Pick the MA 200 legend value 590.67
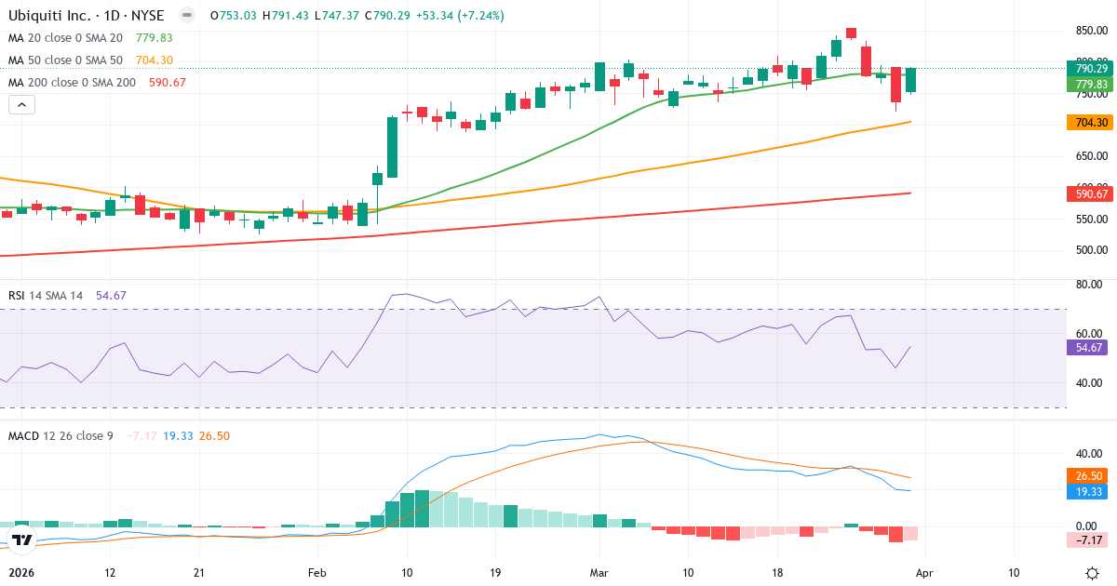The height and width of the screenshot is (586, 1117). click(168, 82)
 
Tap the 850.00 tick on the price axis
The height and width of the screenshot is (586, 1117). click(1091, 31)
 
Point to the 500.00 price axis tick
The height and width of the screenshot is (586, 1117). click(1091, 250)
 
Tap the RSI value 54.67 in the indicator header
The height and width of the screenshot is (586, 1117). click(111, 295)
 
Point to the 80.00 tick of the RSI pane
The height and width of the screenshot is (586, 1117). click(1089, 285)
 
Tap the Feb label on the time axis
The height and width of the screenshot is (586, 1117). click(317, 573)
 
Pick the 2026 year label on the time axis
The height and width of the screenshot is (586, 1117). click(20, 573)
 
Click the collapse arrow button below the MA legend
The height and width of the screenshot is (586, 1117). click(22, 104)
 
